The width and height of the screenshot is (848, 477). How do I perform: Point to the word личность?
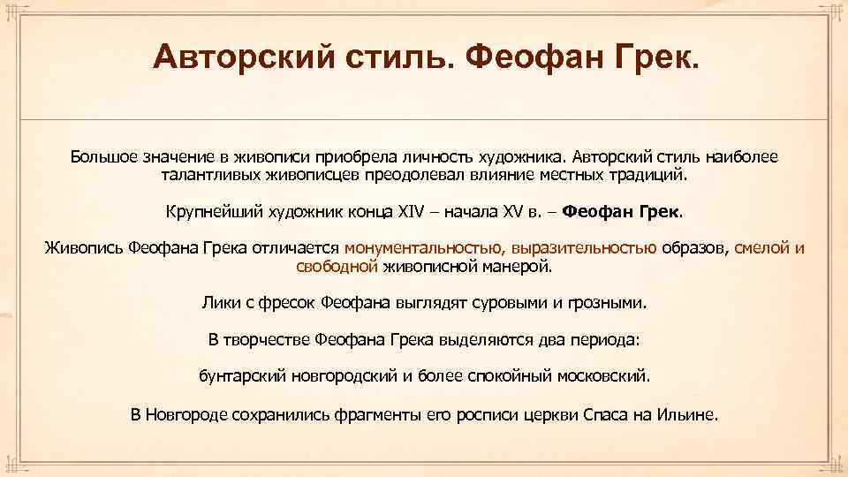point(438,157)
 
